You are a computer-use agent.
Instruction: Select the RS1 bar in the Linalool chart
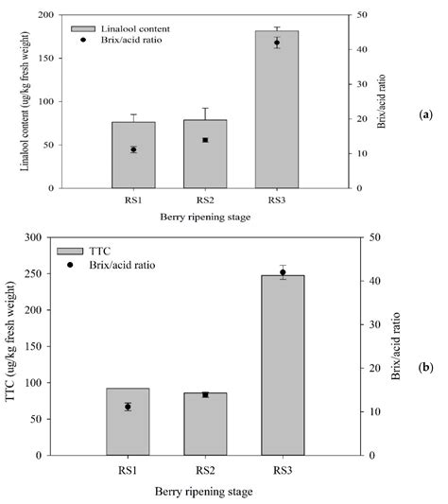(x=133, y=155)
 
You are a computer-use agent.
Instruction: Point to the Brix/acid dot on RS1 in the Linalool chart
(x=133, y=149)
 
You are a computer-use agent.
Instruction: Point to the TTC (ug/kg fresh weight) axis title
(x=21, y=346)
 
